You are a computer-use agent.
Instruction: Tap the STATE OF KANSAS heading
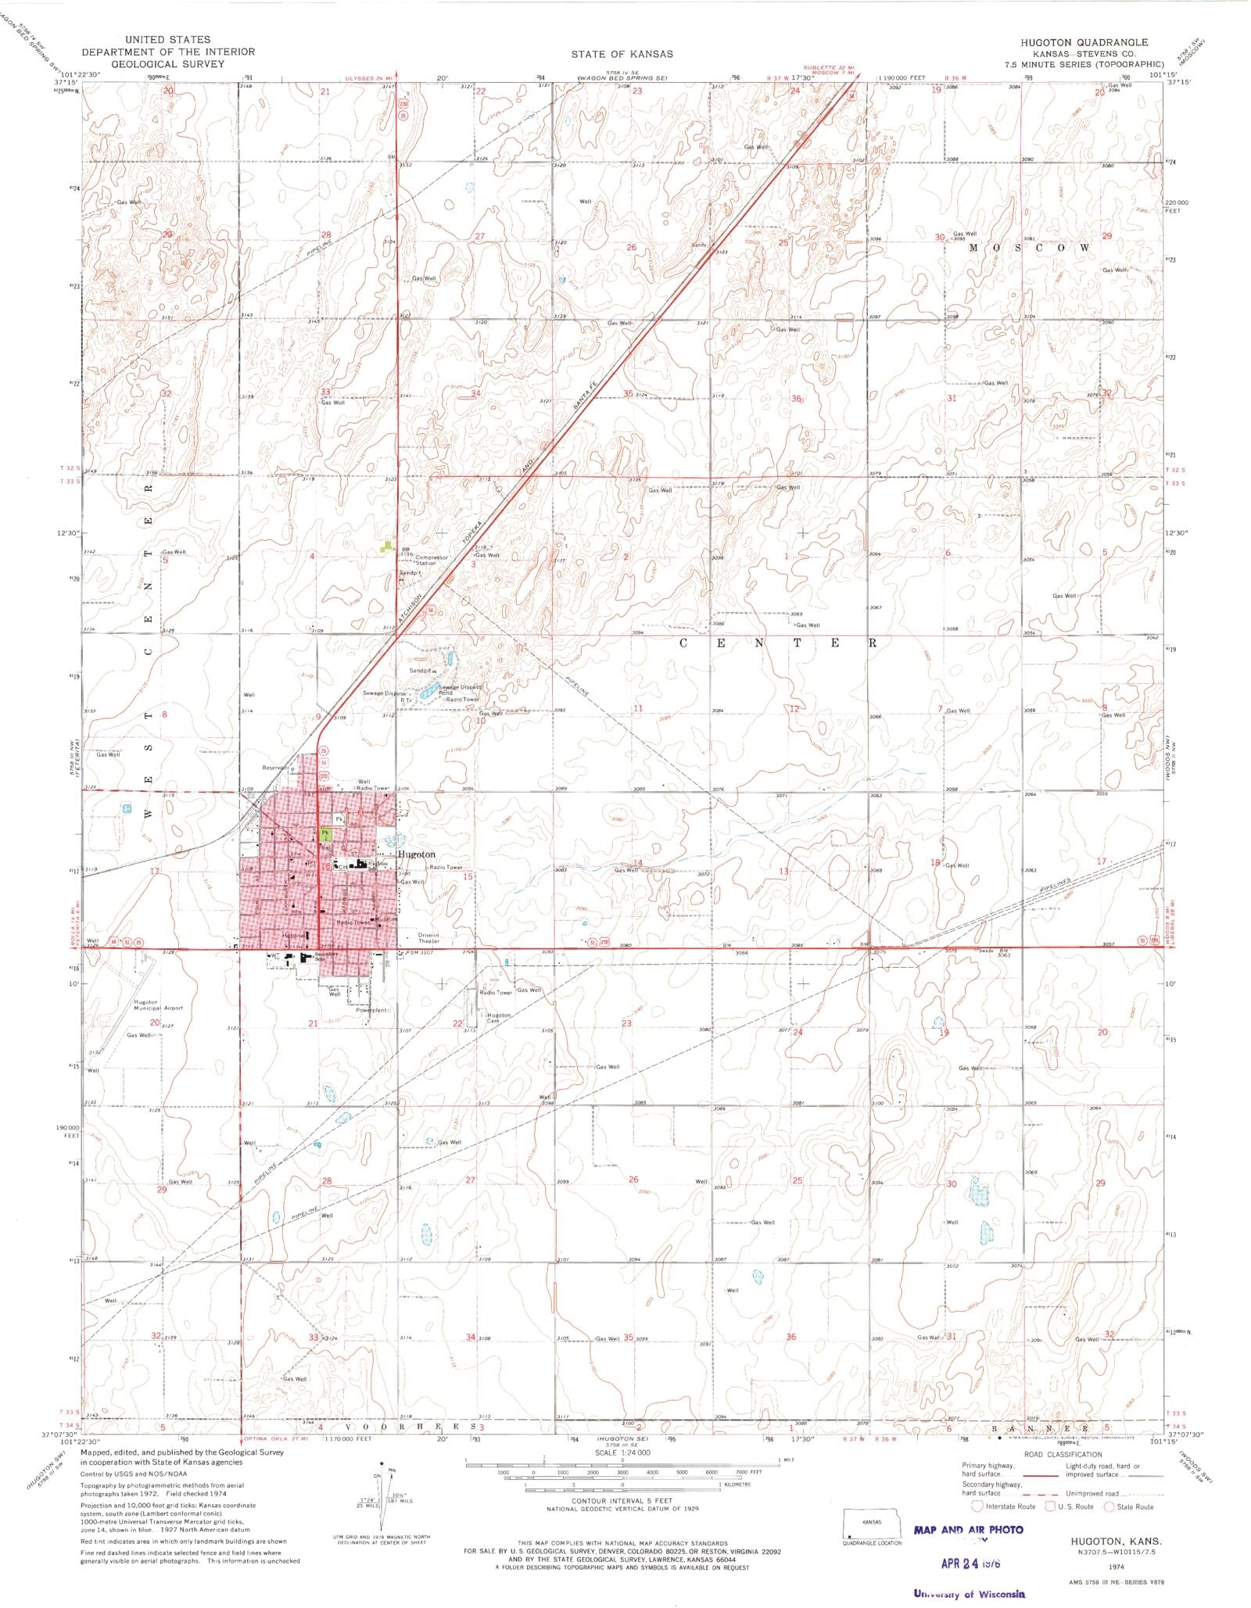[622, 54]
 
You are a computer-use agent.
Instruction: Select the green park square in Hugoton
[326, 834]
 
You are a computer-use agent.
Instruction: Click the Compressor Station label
[431, 560]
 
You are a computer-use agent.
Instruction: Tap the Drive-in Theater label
[429, 937]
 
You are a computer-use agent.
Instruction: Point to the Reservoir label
[275, 768]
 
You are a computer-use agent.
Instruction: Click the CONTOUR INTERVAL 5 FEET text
[622, 1501]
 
